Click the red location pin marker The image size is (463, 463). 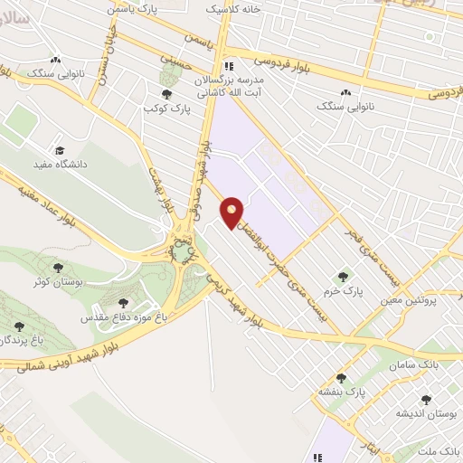(233, 212)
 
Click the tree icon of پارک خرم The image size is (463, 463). (342, 276)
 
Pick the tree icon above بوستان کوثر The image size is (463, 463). (59, 268)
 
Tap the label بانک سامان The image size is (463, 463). (416, 364)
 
